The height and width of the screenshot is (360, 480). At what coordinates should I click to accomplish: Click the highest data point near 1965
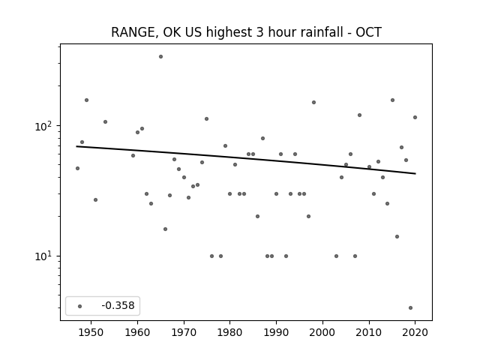click(160, 57)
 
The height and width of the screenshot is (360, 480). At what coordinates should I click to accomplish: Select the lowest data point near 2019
click(410, 307)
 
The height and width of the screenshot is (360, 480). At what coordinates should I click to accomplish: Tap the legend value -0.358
click(118, 305)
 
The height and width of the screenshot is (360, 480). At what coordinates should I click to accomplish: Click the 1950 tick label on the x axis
click(91, 332)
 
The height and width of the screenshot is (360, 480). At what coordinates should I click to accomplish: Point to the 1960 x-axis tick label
click(137, 332)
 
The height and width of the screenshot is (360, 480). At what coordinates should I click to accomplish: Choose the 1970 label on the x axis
click(184, 332)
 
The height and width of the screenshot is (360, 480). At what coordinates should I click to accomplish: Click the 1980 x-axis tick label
click(230, 332)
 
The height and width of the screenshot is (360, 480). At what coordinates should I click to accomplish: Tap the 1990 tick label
click(276, 332)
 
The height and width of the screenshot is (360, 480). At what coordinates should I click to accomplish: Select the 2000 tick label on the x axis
click(322, 332)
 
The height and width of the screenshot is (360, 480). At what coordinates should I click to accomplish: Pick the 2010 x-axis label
click(369, 332)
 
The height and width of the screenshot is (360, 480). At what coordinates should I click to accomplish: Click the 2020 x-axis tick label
click(415, 332)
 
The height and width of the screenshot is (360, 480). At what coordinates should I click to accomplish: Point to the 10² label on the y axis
click(45, 126)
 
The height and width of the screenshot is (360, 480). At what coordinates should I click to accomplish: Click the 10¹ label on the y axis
click(45, 256)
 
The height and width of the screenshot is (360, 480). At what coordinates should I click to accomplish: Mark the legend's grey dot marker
click(80, 306)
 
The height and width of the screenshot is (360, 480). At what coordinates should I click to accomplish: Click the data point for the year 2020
click(415, 117)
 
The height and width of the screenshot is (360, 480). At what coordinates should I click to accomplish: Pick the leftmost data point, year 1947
click(77, 168)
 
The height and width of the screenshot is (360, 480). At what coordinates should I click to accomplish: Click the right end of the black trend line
click(415, 173)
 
